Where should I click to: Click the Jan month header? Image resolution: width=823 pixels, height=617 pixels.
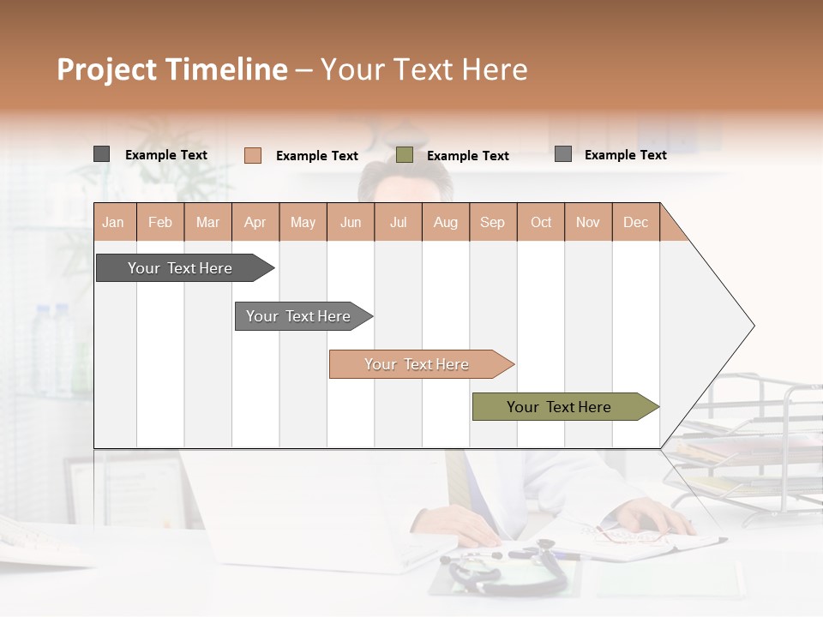pyautogui.click(x=114, y=222)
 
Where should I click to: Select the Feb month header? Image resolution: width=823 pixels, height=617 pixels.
pyautogui.click(x=160, y=222)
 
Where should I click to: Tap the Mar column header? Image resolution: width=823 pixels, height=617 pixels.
pyautogui.click(x=207, y=222)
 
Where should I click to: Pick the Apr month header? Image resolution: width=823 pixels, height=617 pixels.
pyautogui.click(x=255, y=222)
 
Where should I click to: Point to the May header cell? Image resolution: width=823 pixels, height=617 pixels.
pyautogui.click(x=303, y=222)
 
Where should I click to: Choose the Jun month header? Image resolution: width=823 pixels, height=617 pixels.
pyautogui.click(x=351, y=222)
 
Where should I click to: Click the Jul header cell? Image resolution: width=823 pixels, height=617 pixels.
pyautogui.click(x=398, y=222)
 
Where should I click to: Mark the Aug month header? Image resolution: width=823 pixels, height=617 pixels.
pyautogui.click(x=446, y=222)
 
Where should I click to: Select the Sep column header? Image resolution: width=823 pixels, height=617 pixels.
pyautogui.click(x=493, y=222)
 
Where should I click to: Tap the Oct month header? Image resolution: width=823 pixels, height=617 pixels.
pyautogui.click(x=541, y=222)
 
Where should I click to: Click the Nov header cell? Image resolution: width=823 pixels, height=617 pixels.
pyautogui.click(x=588, y=222)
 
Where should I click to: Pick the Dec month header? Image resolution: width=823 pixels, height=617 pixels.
pyautogui.click(x=636, y=222)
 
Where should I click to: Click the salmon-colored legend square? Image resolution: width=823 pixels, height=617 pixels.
pyautogui.click(x=253, y=155)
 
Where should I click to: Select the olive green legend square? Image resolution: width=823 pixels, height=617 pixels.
pyautogui.click(x=405, y=155)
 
